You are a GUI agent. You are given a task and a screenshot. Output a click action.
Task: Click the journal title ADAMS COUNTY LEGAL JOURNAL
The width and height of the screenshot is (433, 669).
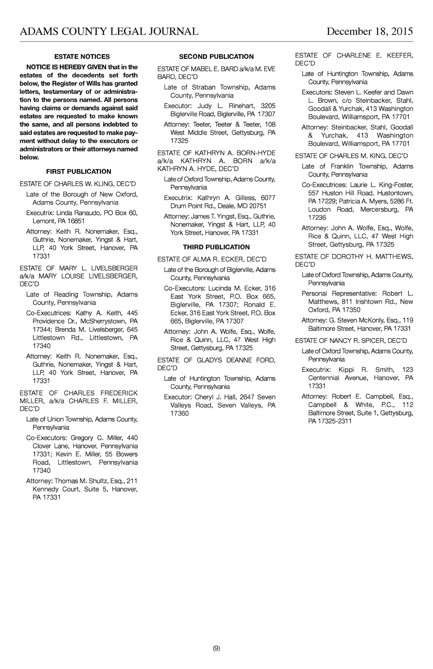(109, 32)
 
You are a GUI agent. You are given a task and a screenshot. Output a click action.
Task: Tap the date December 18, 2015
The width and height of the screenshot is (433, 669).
(370, 32)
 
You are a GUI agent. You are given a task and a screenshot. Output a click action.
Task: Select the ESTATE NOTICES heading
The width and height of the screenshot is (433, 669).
(82, 57)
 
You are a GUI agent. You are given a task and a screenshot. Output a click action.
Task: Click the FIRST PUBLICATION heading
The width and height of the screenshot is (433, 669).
(79, 172)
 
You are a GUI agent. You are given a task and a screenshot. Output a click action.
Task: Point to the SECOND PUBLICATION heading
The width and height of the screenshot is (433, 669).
(216, 57)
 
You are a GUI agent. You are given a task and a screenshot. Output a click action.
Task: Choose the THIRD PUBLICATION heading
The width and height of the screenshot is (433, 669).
(216, 247)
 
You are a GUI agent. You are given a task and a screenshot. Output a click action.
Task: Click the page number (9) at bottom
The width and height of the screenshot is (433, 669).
(216, 648)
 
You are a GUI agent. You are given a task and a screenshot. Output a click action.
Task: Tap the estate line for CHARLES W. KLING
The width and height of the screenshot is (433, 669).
(78, 184)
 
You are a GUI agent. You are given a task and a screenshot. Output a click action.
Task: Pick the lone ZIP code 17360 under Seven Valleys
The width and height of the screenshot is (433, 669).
(180, 414)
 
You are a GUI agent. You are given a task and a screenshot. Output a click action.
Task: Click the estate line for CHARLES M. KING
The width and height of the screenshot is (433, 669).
(351, 156)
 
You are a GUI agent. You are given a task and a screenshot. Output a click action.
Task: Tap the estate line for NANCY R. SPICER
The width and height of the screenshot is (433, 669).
(351, 341)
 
